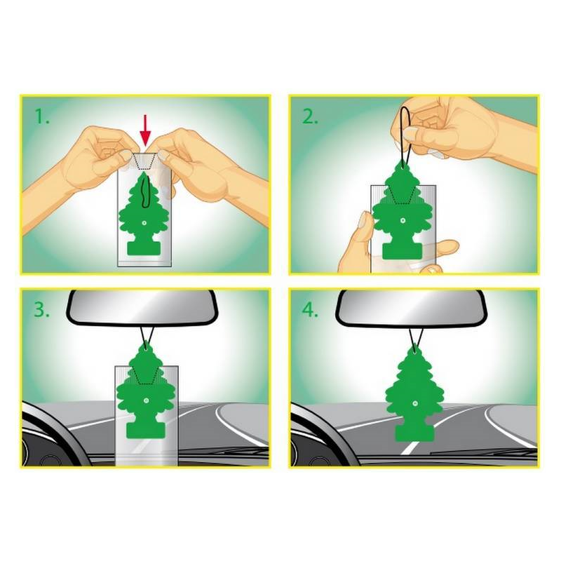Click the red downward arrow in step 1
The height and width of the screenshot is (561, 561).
click(145, 130)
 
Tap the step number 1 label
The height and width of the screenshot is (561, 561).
click(42, 116)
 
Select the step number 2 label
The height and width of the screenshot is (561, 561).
click(310, 116)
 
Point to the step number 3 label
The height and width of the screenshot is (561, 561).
click(41, 309)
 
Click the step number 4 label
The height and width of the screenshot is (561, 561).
click(310, 309)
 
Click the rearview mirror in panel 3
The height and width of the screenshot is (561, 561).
click(142, 307)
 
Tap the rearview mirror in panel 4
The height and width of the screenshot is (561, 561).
click(411, 308)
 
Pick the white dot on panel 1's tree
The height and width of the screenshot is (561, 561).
click(144, 222)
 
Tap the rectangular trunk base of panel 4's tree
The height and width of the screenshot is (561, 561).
click(414, 433)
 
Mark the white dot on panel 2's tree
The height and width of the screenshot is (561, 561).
click(403, 221)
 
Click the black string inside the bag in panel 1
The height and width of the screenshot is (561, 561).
click(145, 191)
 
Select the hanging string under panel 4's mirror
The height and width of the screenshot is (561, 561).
click(416, 337)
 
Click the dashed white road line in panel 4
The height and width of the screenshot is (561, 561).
click(410, 447)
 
